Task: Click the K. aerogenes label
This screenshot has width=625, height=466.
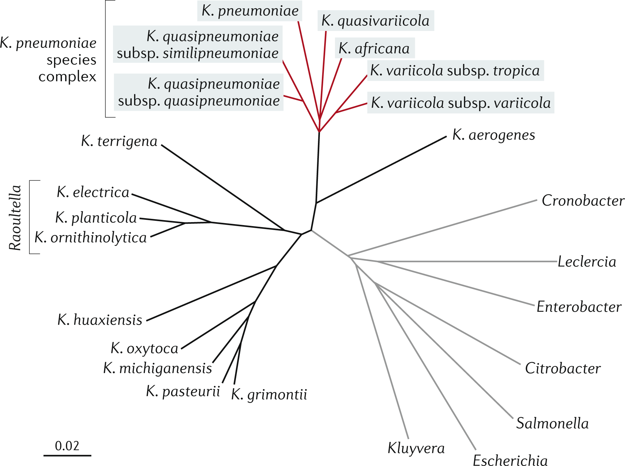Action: point(494,135)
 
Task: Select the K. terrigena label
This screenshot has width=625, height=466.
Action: point(119,141)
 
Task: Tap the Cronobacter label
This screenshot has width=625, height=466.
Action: point(583,201)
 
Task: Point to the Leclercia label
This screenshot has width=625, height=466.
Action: point(587,262)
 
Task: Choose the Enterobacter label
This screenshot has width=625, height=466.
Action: point(579,307)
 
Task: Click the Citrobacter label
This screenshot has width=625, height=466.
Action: point(563,368)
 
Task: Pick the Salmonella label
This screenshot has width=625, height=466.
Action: point(552,423)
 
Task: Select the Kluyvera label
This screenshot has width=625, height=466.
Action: point(416,448)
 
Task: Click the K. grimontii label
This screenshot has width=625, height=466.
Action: point(269,394)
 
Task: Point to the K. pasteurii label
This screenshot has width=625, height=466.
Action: point(183,392)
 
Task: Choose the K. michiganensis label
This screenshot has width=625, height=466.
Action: point(157,368)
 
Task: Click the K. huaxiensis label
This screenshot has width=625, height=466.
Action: point(100,320)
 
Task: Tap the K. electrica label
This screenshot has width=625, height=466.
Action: point(93,192)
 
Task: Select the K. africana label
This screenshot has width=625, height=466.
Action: point(374,49)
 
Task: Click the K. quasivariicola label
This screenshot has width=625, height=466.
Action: point(375,21)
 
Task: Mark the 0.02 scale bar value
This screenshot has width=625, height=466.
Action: point(67,446)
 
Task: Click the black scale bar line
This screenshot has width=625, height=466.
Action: point(67,455)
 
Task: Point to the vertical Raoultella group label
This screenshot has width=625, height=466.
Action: point(15,218)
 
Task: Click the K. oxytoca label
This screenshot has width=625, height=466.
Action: point(144,349)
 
